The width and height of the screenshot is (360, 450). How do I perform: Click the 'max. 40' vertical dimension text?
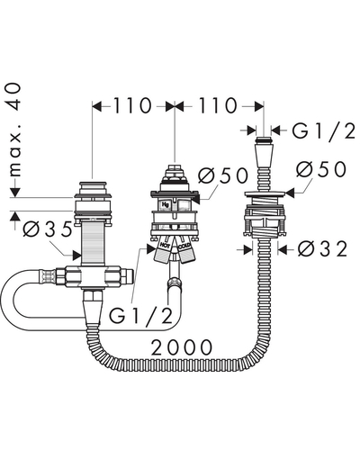(x=14, y=130)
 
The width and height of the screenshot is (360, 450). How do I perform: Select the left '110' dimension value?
(x=131, y=106)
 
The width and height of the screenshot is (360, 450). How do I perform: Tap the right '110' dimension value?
(x=218, y=106)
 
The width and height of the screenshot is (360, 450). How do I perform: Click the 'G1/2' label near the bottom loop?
(x=140, y=314)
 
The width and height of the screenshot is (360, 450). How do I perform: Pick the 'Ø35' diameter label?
(x=48, y=229)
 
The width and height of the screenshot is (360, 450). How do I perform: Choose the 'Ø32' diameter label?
(x=322, y=249)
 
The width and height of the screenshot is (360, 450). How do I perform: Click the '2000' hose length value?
(x=181, y=347)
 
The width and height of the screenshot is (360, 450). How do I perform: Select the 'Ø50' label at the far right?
(x=321, y=169)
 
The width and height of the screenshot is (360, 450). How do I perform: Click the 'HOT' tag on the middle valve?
(x=165, y=246)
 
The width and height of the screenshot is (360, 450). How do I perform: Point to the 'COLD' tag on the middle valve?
(x=184, y=247)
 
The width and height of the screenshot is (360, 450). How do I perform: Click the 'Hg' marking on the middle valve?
(x=166, y=204)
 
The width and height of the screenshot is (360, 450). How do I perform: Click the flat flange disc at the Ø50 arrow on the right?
(x=264, y=193)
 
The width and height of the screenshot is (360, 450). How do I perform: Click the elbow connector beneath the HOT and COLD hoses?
(x=173, y=283)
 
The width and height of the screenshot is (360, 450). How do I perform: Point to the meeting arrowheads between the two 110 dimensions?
(x=175, y=106)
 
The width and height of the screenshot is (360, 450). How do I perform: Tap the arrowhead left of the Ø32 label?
(x=247, y=249)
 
